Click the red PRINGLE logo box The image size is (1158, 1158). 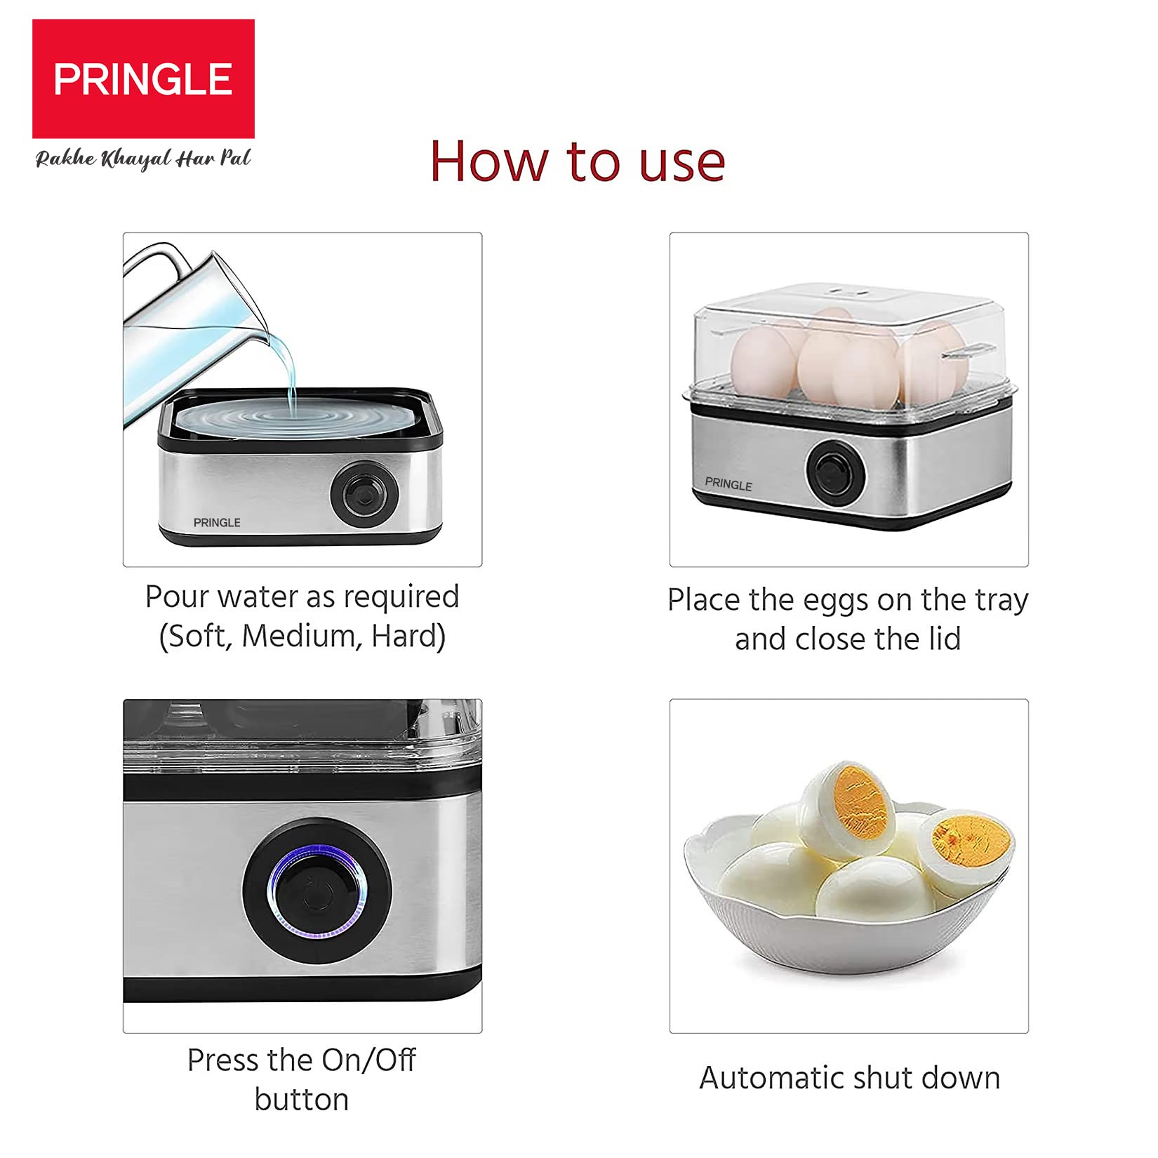(143, 79)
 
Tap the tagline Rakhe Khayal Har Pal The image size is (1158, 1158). (143, 159)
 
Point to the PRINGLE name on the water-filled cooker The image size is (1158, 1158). (217, 523)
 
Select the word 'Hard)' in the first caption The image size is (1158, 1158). (408, 637)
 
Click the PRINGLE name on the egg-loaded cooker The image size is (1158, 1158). (728, 484)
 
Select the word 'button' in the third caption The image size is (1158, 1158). (302, 1099)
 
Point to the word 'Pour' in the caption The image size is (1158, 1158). (178, 597)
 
